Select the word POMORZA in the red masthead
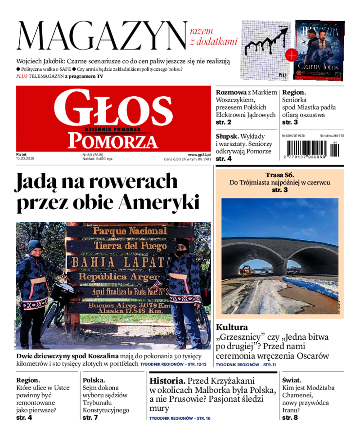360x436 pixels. point(113,141)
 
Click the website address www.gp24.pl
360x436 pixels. point(199,154)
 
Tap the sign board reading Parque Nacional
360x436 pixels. point(129,231)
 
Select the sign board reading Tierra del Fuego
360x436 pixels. point(129,246)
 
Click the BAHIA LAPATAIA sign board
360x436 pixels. point(121,261)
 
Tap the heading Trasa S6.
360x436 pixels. point(279,175)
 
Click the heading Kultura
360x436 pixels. point(232,327)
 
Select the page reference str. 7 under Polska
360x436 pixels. point(90,418)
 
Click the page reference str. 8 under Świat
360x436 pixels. point(290,418)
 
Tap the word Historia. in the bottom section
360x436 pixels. point(167,380)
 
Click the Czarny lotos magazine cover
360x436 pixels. point(319,49)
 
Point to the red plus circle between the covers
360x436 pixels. point(292,55)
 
